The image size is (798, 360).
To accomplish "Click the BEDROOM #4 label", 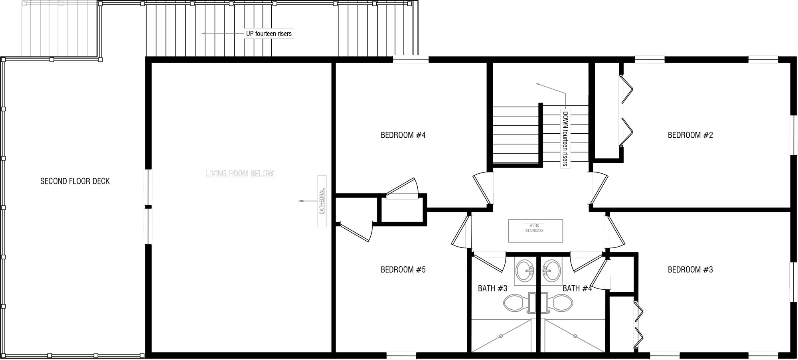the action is [403, 135].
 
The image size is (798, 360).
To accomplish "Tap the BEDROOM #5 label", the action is [403, 270].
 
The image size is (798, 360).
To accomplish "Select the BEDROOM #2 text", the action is [690, 135].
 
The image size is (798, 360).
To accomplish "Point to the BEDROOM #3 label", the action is [690, 270].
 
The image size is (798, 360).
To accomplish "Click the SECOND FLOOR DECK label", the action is [75, 181].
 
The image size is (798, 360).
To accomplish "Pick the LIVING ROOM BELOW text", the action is [240, 174].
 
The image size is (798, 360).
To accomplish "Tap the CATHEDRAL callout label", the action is [322, 201].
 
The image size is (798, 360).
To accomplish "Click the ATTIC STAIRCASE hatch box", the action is [535, 231].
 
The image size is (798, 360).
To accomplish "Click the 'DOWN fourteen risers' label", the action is [565, 138].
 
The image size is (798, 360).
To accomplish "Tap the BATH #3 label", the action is [492, 288].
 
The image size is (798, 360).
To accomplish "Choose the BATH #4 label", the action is [577, 288].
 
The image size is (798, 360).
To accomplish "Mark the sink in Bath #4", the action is [552, 271].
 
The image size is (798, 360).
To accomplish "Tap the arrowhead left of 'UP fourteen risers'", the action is [203, 34].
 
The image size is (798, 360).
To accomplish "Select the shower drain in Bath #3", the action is [501, 336].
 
